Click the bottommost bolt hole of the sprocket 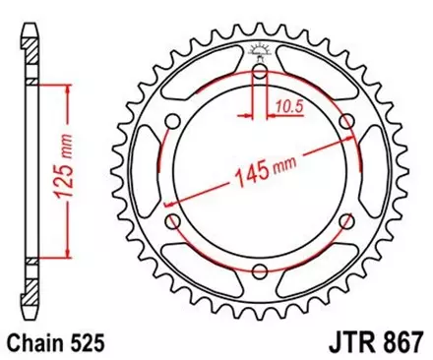[x=261, y=272]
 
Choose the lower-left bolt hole [x=173, y=222]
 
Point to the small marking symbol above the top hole [x=261, y=51]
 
